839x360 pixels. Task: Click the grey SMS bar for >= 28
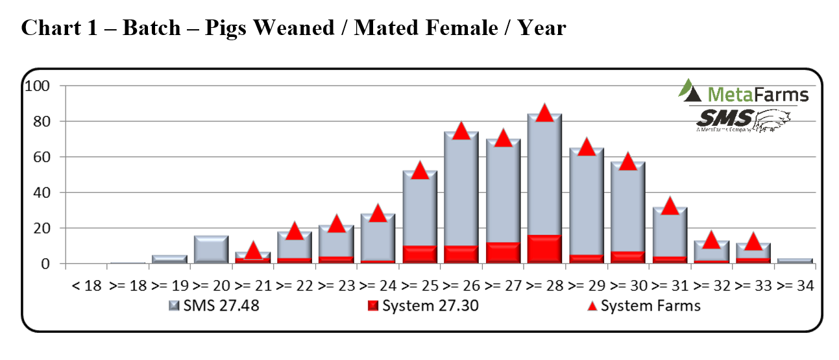pyautogui.click(x=544, y=175)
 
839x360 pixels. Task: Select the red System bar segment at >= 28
pyautogui.click(x=544, y=249)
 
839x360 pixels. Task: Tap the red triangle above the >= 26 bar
pyautogui.click(x=461, y=130)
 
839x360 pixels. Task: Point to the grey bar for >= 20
pyautogui.click(x=211, y=250)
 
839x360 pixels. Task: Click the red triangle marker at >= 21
pyautogui.click(x=252, y=250)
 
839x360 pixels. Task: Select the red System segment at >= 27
pyautogui.click(x=502, y=252)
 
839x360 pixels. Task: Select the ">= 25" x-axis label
pyautogui.click(x=420, y=285)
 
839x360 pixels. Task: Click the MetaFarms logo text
pyautogui.click(x=757, y=95)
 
